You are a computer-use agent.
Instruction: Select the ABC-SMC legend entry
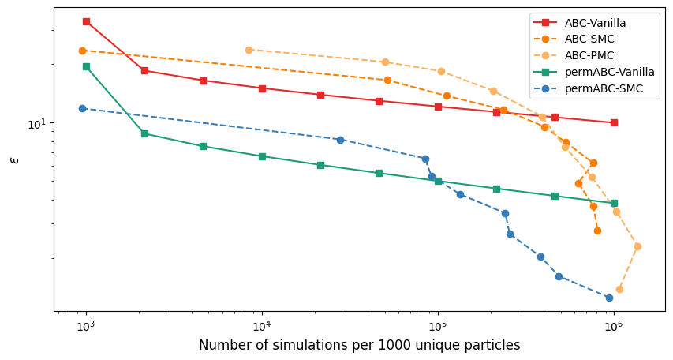pos(589,39)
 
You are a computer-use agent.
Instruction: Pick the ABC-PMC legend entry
pos(590,56)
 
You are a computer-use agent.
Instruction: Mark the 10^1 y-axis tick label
pos(38,124)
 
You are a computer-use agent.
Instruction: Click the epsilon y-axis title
pos(13,159)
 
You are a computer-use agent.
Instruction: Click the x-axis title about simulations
pos(359,346)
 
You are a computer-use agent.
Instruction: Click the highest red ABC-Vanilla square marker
pos(86,21)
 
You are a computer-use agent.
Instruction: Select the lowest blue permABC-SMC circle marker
pos(609,298)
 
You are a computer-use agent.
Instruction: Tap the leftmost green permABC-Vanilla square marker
pos(86,66)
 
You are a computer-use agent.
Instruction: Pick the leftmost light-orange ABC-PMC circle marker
pos(249,50)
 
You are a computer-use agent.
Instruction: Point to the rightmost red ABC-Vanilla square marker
pos(614,122)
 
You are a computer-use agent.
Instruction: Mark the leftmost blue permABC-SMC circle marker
pos(82,108)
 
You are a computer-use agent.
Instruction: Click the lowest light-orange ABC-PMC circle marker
pos(619,289)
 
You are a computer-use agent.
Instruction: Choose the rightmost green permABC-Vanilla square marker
pos(614,203)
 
